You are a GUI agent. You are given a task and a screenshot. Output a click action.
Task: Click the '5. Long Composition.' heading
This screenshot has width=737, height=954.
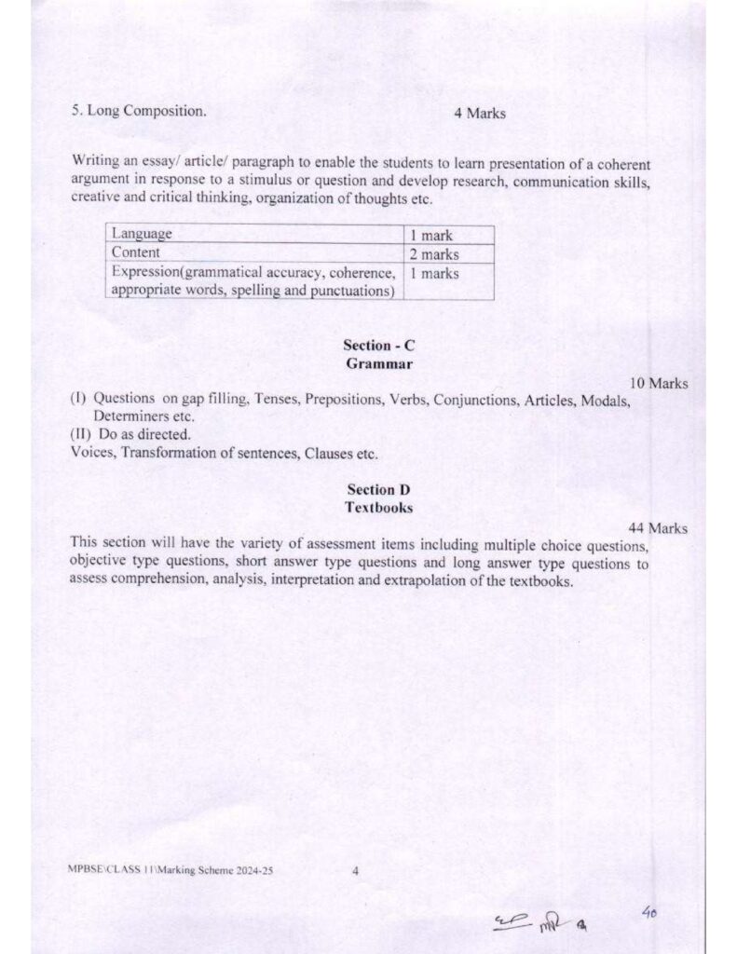click(139, 112)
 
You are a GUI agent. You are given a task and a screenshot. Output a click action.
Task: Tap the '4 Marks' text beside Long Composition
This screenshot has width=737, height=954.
click(480, 113)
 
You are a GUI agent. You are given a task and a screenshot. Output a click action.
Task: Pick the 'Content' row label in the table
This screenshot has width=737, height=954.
click(136, 253)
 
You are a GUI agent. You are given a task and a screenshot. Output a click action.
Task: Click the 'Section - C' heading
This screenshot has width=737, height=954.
click(378, 346)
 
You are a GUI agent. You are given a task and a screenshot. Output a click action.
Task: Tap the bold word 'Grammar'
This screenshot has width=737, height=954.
click(378, 363)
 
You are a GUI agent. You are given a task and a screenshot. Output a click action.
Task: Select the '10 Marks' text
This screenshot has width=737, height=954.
click(659, 383)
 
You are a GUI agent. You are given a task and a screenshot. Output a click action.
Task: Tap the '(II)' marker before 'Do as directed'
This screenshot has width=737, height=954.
click(80, 435)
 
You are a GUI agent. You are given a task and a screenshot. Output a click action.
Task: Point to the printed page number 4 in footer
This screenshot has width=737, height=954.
click(356, 872)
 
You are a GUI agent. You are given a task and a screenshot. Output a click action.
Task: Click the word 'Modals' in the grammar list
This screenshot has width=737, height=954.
click(607, 400)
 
